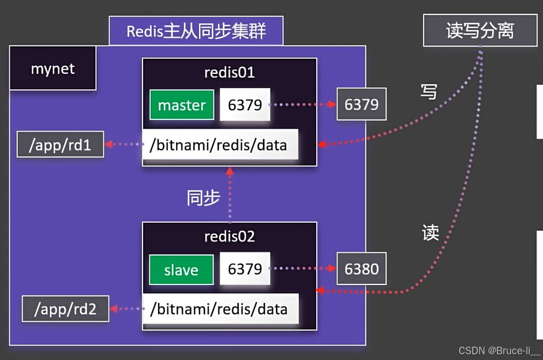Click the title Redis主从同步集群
pos(196,31)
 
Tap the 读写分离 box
pos(480,31)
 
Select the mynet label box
pos(53,69)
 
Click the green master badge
pos(182,105)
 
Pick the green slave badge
pos(181,269)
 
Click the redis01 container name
pos(230,73)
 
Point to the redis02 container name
pos(230,237)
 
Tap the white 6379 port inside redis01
pos(245,105)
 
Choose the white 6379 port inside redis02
pos(245,269)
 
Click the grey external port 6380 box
pos(361,269)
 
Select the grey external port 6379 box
pos(361,104)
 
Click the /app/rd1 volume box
pos(60,145)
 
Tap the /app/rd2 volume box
pos(65,309)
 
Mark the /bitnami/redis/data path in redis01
pos(219,145)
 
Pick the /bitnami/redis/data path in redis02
pos(219,309)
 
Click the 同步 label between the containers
pos(203,198)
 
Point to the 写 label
pos(429,91)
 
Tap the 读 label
pos(430,232)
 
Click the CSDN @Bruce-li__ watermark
pos(499,351)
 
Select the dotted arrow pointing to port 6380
pos(304,269)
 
